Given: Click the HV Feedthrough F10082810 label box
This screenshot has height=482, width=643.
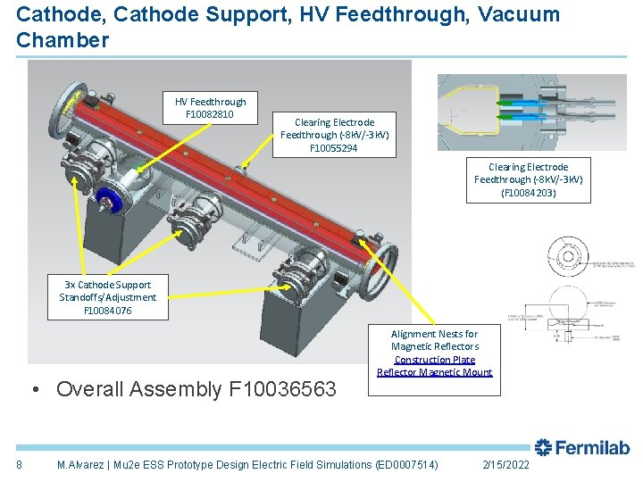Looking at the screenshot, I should (210, 108).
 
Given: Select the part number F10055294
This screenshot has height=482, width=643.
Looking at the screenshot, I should (334, 148).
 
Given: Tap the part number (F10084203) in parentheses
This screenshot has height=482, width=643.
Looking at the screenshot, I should (528, 193).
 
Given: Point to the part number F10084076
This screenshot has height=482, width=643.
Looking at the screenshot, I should (107, 311).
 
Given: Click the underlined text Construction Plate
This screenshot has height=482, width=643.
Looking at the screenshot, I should (435, 360).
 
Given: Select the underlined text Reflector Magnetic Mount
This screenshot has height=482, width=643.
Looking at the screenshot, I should (435, 372).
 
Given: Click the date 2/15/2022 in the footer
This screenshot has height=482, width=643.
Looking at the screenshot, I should (505, 465).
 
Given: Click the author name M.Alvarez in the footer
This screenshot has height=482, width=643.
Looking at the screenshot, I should (81, 465).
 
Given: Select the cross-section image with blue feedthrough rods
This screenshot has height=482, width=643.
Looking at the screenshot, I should (514, 112).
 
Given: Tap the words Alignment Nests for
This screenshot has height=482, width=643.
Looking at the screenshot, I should (435, 334).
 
